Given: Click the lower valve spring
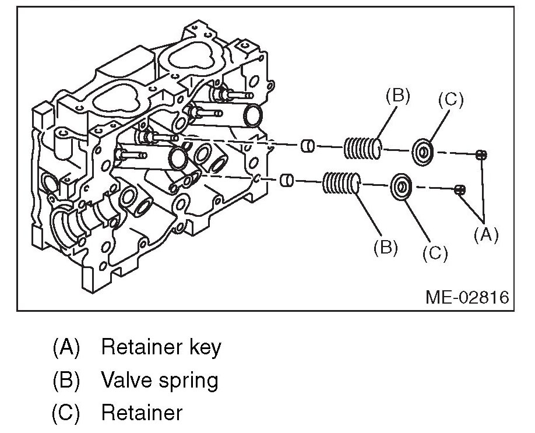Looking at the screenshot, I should tap(341, 185).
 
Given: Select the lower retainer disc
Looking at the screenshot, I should tap(401, 187).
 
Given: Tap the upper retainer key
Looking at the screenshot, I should tap(481, 154).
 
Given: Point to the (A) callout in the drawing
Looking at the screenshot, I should tap(486, 234).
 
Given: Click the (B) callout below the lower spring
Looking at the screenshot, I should tap(385, 247).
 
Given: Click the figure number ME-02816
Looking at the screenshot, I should tap(467, 297).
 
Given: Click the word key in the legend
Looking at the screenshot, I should tap(205, 347).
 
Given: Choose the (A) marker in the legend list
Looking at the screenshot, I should tap(65, 347).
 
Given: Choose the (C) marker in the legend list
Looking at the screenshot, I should tap(65, 413).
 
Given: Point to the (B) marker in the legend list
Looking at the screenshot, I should tap(65, 380).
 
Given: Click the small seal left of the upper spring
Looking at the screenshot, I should tap(308, 146).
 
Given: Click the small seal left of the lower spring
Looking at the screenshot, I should tap(286, 180).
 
